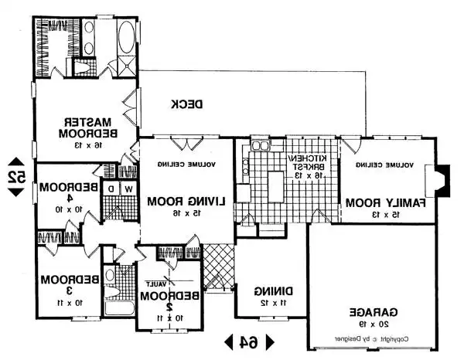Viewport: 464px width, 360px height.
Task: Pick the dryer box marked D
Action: click(x=111, y=188)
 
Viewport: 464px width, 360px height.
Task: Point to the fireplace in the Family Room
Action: click(x=441, y=181)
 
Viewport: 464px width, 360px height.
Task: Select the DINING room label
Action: click(x=271, y=291)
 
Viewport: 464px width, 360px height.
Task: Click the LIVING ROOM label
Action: click(x=186, y=202)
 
